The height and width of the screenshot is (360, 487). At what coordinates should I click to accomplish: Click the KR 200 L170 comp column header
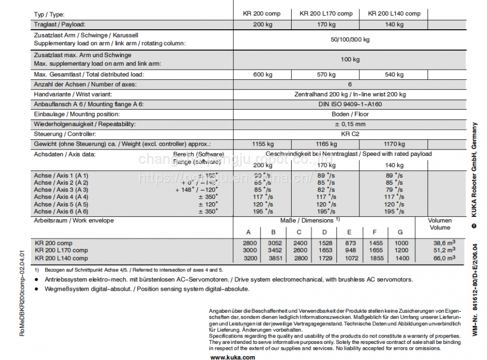point(326,14)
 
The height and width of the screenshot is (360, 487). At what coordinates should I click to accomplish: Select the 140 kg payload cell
point(394,24)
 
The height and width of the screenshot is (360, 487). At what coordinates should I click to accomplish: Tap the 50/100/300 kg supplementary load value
point(350,39)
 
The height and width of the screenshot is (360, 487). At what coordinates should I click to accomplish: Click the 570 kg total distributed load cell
point(326,75)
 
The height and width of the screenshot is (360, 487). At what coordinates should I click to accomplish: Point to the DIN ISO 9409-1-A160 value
point(350,104)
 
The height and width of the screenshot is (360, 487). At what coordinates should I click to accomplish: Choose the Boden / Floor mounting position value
point(350,114)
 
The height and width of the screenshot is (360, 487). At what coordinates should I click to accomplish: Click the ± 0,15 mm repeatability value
point(350,124)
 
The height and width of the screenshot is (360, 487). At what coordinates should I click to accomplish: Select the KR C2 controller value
point(350,134)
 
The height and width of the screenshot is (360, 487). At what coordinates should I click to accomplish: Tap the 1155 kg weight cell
point(262,144)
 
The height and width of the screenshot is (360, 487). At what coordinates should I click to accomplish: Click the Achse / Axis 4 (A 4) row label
point(61,197)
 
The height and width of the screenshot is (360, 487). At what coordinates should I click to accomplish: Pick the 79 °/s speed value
point(394,189)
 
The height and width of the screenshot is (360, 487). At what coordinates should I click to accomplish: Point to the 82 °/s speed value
point(326,189)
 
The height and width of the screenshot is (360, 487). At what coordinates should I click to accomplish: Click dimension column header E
point(349,232)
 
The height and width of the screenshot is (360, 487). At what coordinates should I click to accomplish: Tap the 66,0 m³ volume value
point(444,258)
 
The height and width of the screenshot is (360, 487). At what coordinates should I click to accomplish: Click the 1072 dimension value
point(349,258)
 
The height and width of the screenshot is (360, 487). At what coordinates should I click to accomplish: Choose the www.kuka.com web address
point(232,357)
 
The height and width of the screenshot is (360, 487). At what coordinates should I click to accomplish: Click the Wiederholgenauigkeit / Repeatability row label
point(85,124)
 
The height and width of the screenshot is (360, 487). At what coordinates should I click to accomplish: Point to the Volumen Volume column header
point(440,224)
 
